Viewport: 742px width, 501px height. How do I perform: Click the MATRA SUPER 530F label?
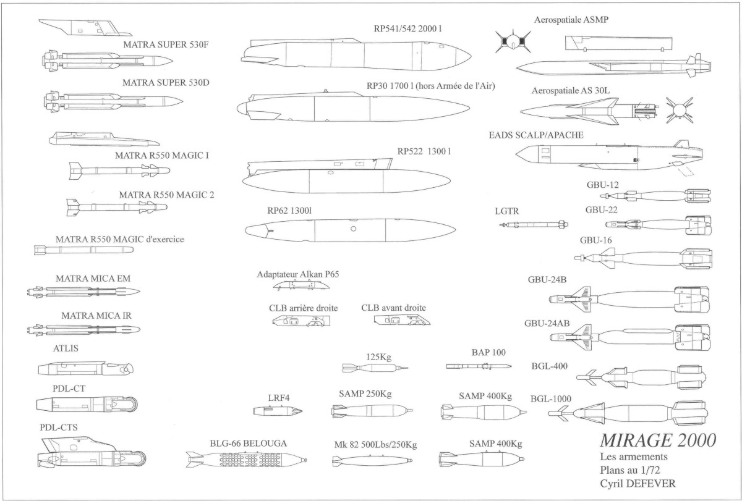(166, 44)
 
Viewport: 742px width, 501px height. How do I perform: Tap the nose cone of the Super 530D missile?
(173, 101)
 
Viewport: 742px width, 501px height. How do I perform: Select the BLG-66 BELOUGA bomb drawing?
(246, 460)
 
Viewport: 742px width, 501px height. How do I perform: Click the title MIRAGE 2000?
(658, 440)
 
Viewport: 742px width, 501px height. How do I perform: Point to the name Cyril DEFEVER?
(638, 484)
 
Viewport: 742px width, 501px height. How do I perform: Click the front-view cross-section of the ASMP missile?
(513, 41)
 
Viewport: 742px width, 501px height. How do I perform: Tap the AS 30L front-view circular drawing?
(680, 110)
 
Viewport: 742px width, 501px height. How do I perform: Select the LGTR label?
(507, 211)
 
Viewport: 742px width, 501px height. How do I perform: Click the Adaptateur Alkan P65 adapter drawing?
(301, 285)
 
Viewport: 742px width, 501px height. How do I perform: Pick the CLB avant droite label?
(393, 308)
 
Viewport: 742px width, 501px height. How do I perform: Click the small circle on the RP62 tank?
(354, 229)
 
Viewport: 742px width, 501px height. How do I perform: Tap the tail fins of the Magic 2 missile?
(73, 208)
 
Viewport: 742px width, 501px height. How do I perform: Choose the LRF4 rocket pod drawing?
(278, 411)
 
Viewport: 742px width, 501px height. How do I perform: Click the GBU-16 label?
(595, 240)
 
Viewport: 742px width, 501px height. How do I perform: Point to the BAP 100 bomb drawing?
(479, 366)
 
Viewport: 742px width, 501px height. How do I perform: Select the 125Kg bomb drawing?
(375, 368)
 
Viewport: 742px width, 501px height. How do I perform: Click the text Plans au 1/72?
(630, 470)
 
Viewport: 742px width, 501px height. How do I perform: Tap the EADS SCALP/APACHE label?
(536, 135)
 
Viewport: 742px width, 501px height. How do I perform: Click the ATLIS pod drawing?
(86, 368)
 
